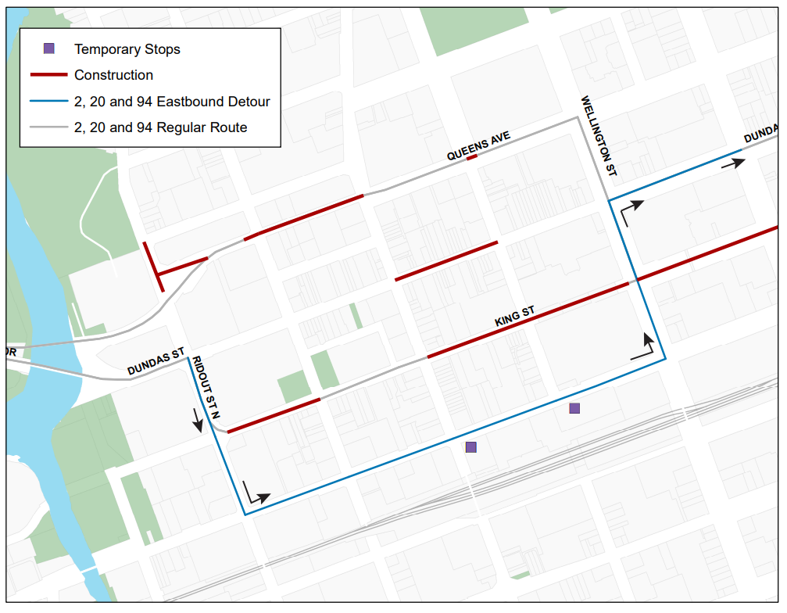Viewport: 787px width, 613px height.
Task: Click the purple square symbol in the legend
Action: coord(49,48)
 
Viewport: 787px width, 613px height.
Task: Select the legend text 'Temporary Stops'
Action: coord(127,49)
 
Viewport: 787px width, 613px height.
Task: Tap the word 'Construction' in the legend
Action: coord(113,75)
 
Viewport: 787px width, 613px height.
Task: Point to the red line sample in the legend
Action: coord(49,75)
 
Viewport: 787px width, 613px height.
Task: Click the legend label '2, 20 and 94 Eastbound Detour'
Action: coord(172,102)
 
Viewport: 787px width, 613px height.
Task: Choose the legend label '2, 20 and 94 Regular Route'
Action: coord(160,127)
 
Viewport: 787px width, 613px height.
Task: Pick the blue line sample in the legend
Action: coord(49,102)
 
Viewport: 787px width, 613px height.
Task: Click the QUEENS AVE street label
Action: coord(478,146)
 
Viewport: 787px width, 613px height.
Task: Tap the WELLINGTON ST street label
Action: coord(599,135)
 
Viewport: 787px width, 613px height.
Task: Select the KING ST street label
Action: coord(514,317)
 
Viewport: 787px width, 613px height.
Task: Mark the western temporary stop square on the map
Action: coord(470,447)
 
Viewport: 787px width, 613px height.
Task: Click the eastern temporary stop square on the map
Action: coord(574,408)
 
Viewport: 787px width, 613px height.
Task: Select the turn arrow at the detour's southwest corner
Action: coord(255,494)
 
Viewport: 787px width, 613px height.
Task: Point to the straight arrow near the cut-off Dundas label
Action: coord(733,163)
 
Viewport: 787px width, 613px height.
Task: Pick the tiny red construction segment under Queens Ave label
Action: coord(471,158)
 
